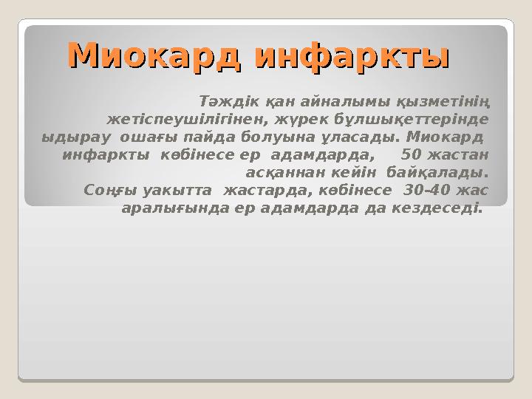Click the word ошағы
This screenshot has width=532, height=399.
(x=141, y=137)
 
